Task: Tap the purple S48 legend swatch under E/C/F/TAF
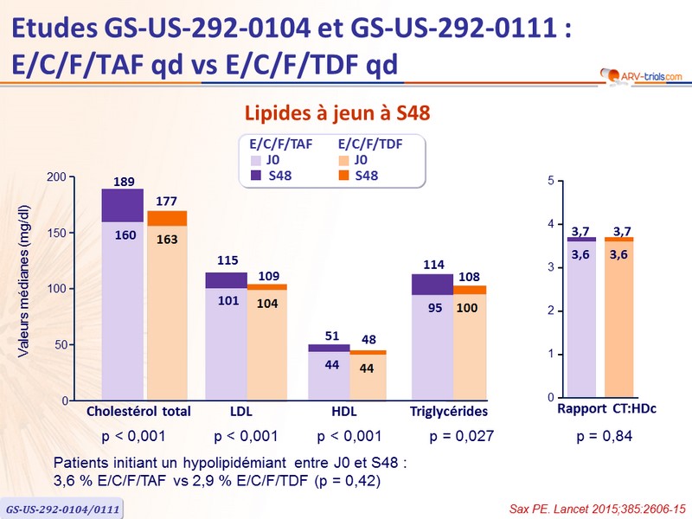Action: [256, 176]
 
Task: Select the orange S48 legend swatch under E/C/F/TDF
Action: [343, 176]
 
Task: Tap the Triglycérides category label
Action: [449, 411]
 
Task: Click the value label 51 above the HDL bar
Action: [331, 336]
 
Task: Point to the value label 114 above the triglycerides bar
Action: [431, 265]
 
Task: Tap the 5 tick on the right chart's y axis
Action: [551, 181]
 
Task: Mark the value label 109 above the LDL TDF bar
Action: [267, 276]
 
